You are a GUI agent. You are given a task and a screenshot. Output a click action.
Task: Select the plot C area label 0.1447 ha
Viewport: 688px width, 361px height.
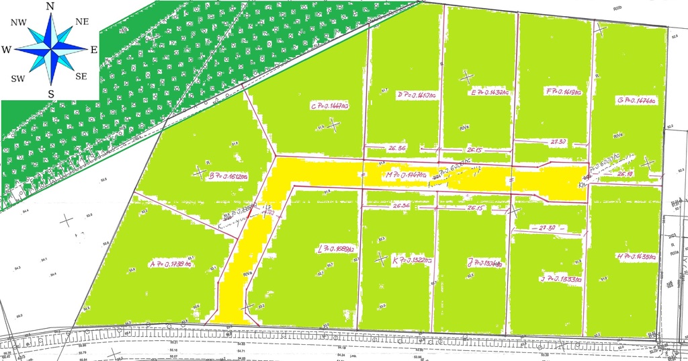pyautogui.click(x=329, y=106)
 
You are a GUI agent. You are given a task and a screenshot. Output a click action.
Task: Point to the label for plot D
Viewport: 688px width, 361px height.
pyautogui.click(x=417, y=95)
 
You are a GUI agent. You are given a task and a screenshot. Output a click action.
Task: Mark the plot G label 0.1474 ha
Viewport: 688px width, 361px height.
pyautogui.click(x=636, y=99)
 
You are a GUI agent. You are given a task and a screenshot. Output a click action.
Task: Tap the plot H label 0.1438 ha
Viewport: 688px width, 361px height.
pyautogui.click(x=635, y=256)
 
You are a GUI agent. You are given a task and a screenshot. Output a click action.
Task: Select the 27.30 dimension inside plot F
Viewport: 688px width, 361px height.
pyautogui.click(x=558, y=143)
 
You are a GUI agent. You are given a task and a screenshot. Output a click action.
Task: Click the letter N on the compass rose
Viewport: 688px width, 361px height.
pyautogui.click(x=50, y=6)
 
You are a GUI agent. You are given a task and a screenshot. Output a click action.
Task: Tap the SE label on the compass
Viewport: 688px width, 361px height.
pyautogui.click(x=81, y=76)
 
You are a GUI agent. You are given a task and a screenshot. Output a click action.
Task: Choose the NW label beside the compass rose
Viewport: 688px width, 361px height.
pyautogui.click(x=18, y=22)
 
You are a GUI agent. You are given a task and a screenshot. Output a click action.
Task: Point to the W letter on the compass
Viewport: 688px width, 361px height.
pyautogui.click(x=6, y=50)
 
